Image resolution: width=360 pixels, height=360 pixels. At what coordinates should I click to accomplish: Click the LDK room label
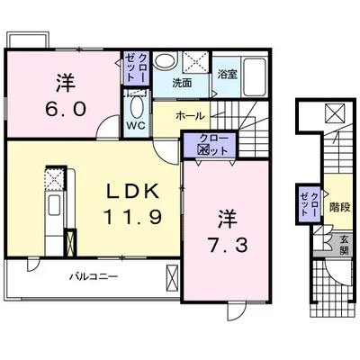click(133, 191)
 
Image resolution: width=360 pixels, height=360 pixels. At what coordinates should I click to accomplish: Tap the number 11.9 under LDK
click(133, 216)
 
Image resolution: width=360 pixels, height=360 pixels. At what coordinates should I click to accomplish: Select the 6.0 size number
click(66, 109)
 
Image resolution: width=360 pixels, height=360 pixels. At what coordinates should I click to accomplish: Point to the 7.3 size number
click(227, 245)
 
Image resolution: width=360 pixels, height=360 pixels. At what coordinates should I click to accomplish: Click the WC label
click(136, 125)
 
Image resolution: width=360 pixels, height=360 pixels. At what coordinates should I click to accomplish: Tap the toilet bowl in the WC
click(137, 107)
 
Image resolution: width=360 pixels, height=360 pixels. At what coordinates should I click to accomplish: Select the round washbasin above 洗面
click(165, 60)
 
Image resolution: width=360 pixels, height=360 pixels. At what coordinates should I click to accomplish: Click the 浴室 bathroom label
click(228, 74)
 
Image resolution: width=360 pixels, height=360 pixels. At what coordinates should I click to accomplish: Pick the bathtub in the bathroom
click(255, 77)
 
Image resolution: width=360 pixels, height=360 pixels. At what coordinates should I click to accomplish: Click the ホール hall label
click(190, 115)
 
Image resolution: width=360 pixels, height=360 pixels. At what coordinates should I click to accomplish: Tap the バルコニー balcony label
click(93, 276)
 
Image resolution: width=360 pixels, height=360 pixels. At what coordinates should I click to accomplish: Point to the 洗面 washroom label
click(182, 83)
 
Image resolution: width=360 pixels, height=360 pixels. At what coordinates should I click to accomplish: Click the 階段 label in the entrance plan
click(340, 207)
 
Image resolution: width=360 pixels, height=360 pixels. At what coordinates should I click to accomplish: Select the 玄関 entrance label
click(344, 245)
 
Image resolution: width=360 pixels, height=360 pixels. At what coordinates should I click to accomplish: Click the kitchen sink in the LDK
click(54, 204)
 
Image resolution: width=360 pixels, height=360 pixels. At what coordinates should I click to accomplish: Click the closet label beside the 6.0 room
click(136, 67)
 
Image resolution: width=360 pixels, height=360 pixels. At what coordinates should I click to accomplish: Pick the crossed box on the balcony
click(172, 277)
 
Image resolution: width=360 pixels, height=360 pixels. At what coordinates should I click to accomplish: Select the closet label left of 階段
click(309, 204)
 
